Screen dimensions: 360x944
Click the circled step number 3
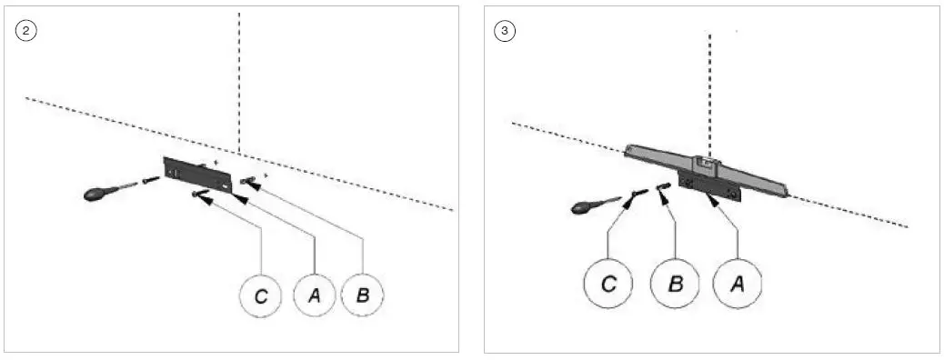504,30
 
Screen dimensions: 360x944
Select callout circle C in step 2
261,296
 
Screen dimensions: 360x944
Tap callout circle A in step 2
315,296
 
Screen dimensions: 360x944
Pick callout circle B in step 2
363,296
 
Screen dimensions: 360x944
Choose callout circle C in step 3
609,284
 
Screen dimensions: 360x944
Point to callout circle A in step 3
738,284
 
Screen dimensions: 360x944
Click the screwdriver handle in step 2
98,194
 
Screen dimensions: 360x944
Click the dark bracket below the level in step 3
709,183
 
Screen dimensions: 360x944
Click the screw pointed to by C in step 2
199,193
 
